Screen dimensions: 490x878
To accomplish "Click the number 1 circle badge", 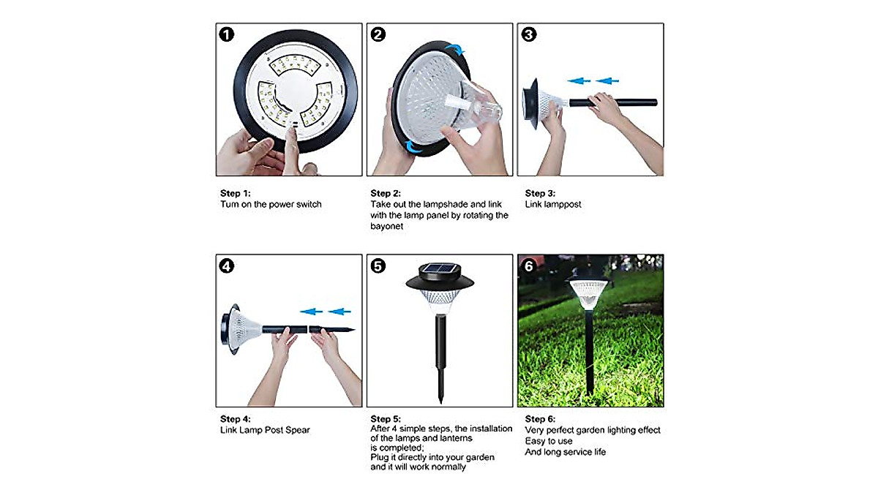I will [x=228, y=34].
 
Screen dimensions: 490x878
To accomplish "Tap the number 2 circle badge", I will [x=378, y=34].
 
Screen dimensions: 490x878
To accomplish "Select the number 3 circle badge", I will [x=529, y=34].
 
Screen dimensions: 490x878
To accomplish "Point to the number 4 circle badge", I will [x=228, y=266].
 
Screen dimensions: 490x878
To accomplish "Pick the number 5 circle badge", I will [x=378, y=266].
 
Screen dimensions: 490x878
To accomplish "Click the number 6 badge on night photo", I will [x=529, y=266].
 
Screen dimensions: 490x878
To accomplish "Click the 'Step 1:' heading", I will [x=236, y=193].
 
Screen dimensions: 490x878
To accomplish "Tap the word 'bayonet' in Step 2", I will [x=387, y=226].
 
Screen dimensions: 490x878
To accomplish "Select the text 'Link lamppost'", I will [x=553, y=204].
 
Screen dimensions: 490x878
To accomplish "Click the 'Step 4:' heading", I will [x=236, y=419].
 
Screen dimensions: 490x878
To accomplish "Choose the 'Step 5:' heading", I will [x=386, y=419].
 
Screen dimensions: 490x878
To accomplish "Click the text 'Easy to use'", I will [x=549, y=441].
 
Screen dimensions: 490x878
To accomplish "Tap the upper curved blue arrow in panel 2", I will [x=457, y=50].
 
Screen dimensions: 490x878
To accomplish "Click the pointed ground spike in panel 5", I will [x=440, y=391].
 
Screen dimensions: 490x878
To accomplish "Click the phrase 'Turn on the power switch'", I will [x=271, y=204].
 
